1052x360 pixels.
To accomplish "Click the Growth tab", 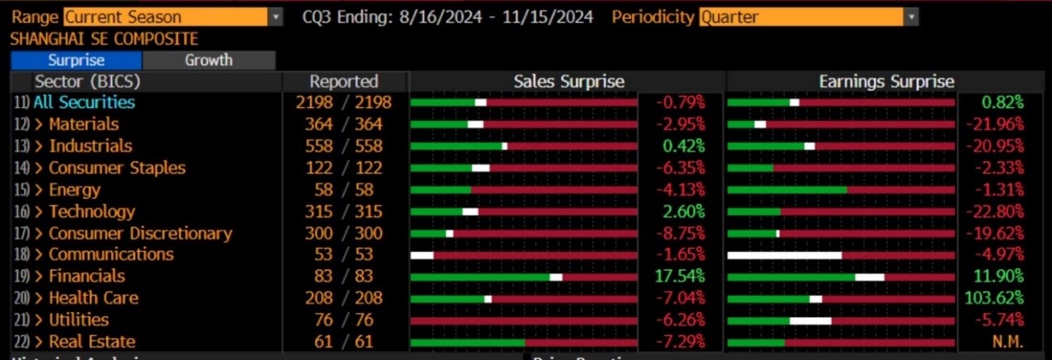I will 209,60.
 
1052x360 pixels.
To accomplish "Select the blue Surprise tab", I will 76,60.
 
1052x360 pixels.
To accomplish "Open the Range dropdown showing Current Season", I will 174,16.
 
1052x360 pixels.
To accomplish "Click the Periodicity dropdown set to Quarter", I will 808,16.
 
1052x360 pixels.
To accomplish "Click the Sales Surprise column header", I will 569,81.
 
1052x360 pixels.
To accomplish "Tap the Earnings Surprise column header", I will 886,81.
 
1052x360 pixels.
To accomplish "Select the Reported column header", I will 344,81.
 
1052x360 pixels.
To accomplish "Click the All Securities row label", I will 84,102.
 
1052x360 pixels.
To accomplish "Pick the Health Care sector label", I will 93,298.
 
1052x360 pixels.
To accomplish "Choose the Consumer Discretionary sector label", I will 141,233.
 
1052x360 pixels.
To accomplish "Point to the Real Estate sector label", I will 92,341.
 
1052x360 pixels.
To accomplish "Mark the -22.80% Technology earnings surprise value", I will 994,211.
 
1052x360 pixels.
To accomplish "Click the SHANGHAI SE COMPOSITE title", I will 104,39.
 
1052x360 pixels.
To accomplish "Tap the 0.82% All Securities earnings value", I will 1002,102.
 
